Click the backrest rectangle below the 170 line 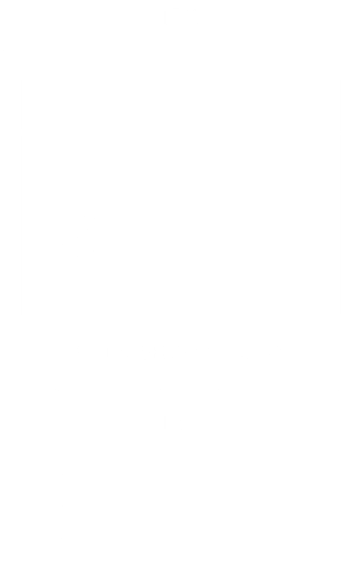pyautogui.click(x=180, y=105)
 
